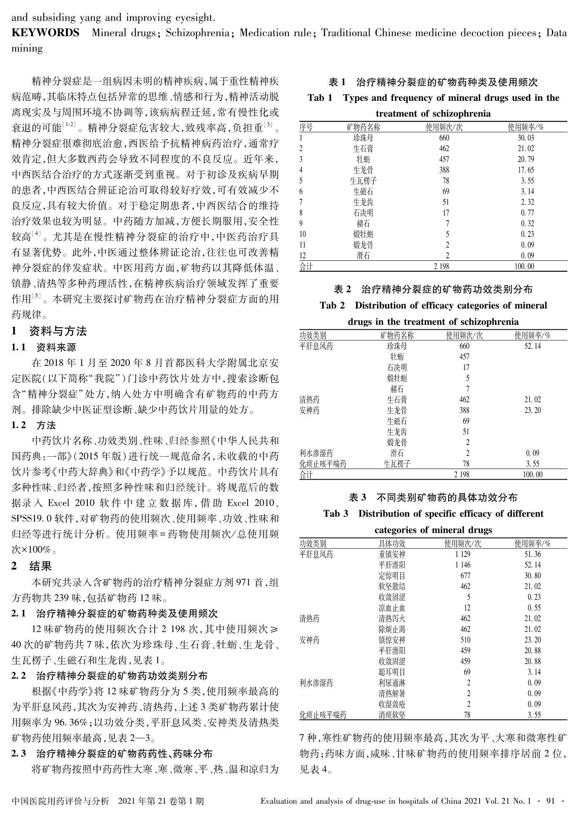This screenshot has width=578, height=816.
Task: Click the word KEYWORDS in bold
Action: (45, 33)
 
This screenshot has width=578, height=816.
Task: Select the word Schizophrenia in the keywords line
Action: (197, 33)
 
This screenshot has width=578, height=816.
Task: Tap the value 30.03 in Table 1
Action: (525, 138)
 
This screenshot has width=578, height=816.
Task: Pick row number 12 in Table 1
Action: (303, 256)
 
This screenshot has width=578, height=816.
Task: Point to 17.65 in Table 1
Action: (525, 170)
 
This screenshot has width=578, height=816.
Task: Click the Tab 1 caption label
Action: (320, 98)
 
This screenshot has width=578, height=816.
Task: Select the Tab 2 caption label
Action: (332, 305)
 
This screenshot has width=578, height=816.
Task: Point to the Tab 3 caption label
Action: (335, 514)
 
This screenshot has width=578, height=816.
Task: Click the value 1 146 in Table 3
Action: (463, 565)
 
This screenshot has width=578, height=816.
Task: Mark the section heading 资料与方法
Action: (58, 331)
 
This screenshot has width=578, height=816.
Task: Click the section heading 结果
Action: (40, 566)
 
